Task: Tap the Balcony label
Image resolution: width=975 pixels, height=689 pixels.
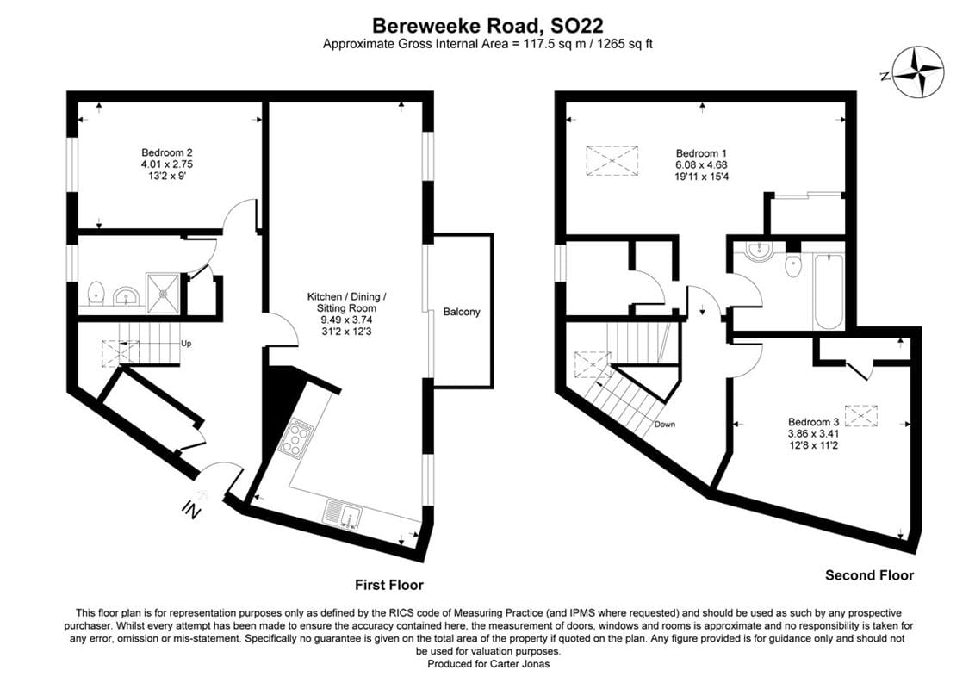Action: [x=462, y=312]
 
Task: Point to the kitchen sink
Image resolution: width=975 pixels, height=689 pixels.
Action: [x=344, y=514]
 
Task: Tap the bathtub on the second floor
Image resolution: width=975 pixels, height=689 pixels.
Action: [x=828, y=290]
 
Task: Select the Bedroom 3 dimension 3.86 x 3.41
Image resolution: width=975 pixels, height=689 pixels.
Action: [x=813, y=434]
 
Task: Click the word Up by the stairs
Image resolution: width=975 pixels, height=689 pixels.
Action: [x=185, y=343]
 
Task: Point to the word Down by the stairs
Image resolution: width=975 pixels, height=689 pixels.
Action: [x=665, y=425]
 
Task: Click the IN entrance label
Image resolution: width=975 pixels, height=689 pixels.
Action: [x=191, y=511]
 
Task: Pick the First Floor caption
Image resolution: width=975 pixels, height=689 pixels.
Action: [x=388, y=585]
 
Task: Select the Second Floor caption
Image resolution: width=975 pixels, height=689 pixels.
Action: [x=869, y=575]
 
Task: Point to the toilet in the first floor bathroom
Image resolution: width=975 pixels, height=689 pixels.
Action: [x=96, y=292]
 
